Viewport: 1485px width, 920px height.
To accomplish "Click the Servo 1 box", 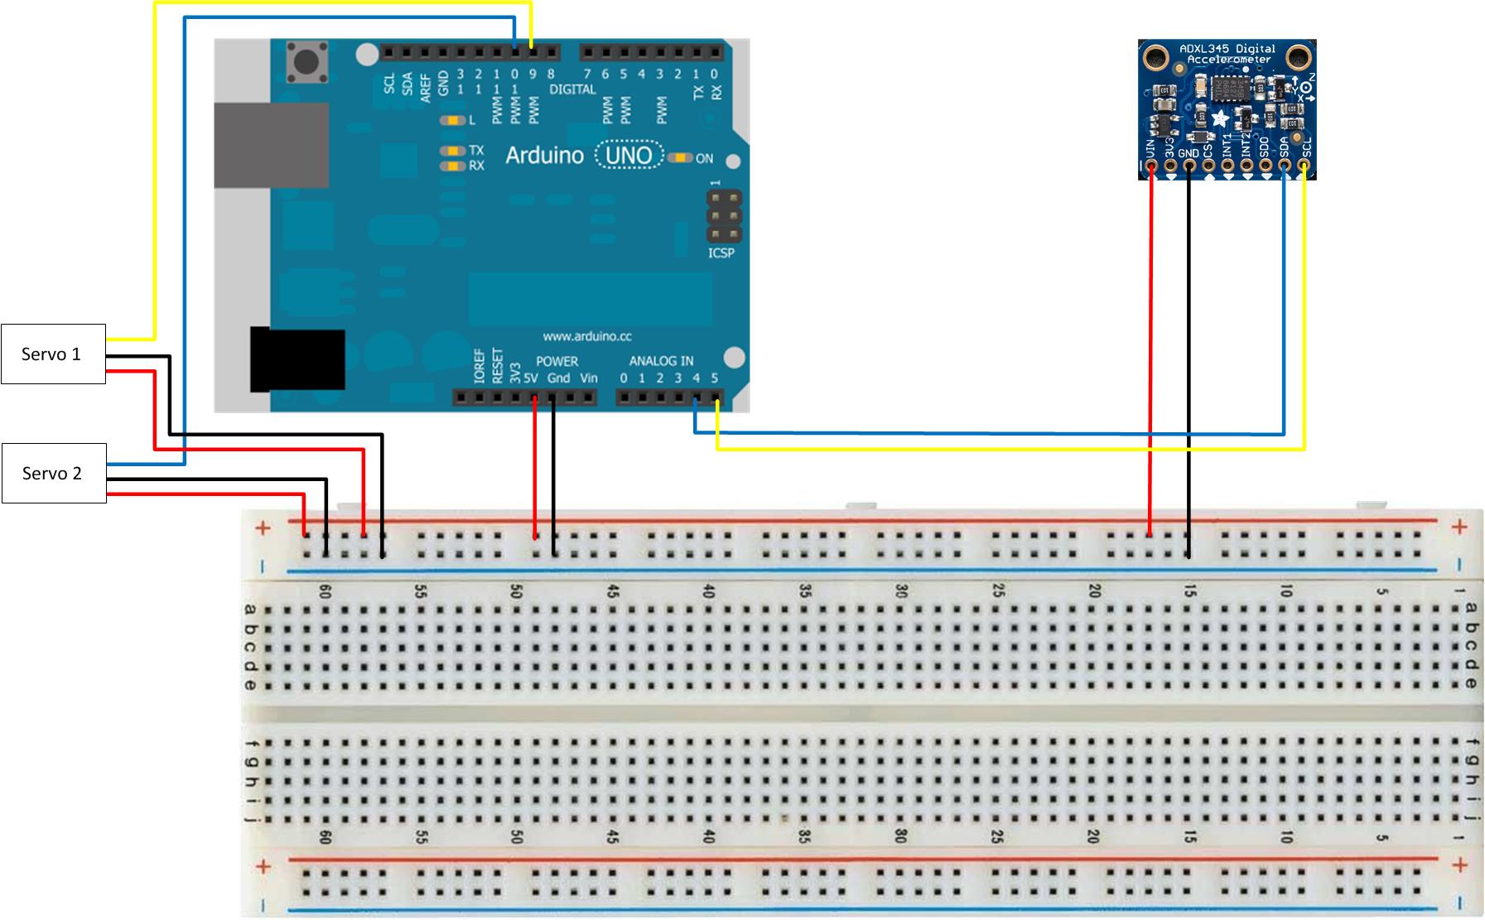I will (x=53, y=354).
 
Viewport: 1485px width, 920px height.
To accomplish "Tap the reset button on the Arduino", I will (x=306, y=63).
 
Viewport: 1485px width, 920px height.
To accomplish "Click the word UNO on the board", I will (x=629, y=156).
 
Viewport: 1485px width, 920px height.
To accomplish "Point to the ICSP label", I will (x=721, y=253).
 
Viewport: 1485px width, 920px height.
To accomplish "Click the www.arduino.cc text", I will (x=587, y=336).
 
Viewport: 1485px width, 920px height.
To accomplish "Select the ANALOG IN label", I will (x=661, y=361).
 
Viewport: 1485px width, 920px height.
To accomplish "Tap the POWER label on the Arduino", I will (x=557, y=361).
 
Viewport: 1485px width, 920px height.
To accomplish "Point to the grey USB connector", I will (x=272, y=145).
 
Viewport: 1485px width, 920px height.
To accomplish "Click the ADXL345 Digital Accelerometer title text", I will (x=1227, y=54).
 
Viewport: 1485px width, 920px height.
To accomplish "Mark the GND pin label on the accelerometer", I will (x=1188, y=153).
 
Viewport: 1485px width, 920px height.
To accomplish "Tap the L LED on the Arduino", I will (x=453, y=120).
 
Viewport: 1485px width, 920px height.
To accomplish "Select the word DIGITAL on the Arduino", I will (x=572, y=89).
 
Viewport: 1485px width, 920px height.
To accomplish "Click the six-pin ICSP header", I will (x=723, y=215).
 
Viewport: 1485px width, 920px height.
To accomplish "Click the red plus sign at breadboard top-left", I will (x=263, y=527).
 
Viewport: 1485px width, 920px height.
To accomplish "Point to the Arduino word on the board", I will (x=544, y=156).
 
